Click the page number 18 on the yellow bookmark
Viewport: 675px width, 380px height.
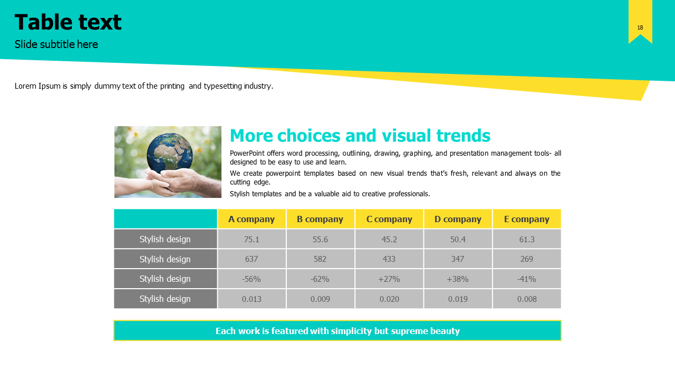(640, 28)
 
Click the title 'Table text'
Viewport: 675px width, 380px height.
(68, 22)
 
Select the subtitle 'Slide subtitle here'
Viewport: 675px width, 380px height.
(56, 44)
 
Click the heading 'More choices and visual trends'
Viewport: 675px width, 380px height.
(360, 136)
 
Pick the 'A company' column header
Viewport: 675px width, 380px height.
(252, 219)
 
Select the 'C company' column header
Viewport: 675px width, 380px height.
(389, 219)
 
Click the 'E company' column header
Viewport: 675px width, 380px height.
(527, 219)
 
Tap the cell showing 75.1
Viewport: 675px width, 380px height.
(252, 239)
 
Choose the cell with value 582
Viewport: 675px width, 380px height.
(320, 259)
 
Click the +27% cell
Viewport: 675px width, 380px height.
(389, 279)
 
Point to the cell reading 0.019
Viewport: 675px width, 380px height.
(458, 299)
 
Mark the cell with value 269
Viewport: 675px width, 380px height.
(527, 259)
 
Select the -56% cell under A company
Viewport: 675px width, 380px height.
(252, 279)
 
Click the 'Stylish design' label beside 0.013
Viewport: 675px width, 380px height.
(165, 299)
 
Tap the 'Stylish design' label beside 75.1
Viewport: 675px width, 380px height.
(165, 239)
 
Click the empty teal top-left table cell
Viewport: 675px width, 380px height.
(166, 218)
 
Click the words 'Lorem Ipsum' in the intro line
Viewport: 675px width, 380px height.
(37, 86)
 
